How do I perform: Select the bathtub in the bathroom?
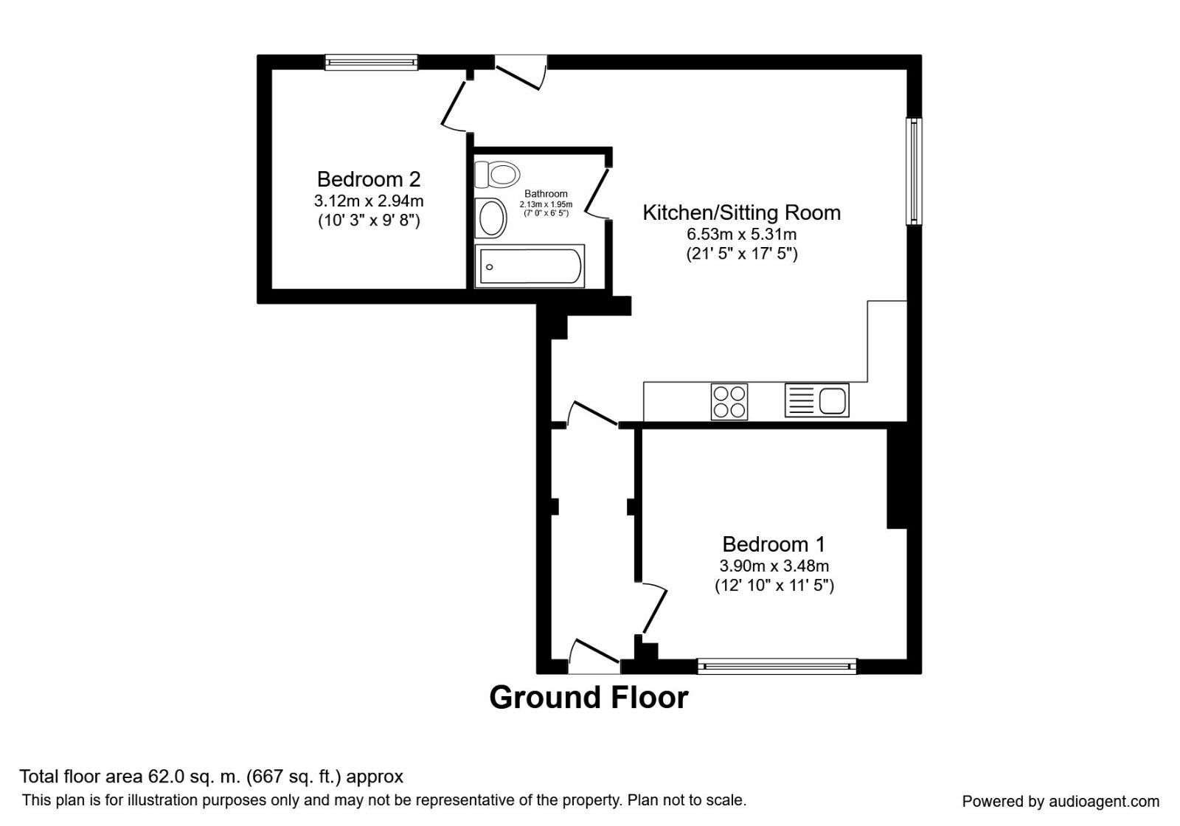coord(530,266)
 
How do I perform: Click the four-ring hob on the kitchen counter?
coord(729,402)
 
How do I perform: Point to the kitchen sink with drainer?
coord(817,400)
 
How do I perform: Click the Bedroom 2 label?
coord(369,179)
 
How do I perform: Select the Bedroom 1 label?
coord(774,544)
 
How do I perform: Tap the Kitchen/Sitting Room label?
coord(741,213)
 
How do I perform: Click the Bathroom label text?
coord(546,194)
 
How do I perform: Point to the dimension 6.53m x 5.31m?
coord(741,235)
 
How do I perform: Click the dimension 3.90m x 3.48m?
coord(774,566)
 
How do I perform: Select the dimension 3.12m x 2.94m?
coord(369,201)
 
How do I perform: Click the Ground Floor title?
coord(589,698)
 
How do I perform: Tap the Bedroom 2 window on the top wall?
coord(372,63)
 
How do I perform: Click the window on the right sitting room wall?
coord(914,171)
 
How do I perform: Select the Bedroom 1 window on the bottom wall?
coord(777,667)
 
